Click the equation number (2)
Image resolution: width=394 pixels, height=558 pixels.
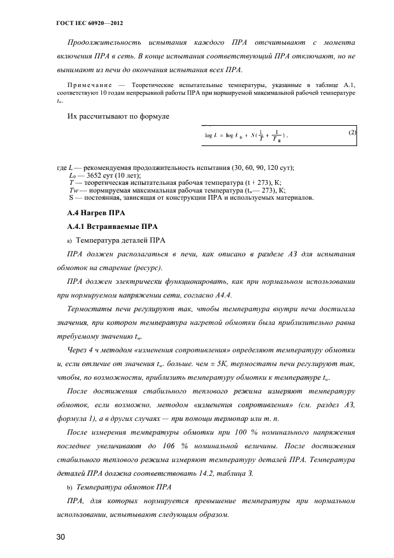[352, 132]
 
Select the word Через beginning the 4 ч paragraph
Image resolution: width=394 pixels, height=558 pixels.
[81, 349]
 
